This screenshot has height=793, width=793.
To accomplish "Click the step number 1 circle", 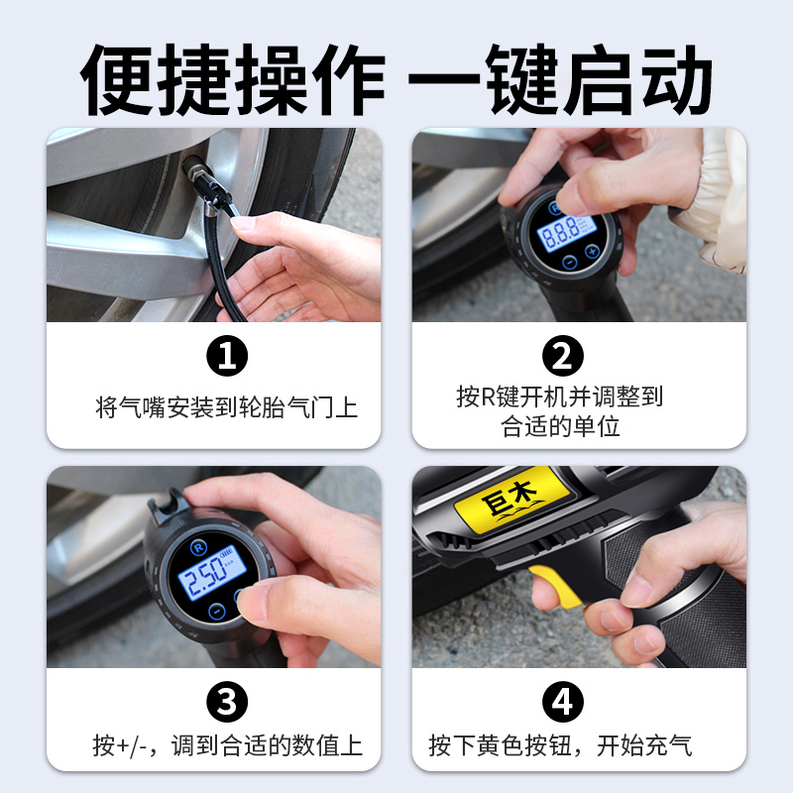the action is click(227, 356).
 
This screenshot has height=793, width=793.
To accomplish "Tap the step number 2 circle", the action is click(562, 356).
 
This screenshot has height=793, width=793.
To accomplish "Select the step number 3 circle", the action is click(227, 702).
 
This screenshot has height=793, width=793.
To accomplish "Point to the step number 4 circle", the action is click(562, 702).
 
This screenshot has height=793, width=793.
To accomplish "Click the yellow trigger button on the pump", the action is click(556, 586).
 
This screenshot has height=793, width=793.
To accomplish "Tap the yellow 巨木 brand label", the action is click(511, 499).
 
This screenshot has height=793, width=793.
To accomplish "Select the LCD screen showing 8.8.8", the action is click(567, 233).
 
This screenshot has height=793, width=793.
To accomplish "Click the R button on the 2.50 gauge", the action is click(199, 548).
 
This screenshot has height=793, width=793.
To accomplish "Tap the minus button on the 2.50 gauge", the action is click(216, 612).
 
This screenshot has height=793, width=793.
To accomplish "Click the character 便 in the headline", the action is click(116, 79).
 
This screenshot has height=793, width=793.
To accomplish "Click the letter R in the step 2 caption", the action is click(488, 396).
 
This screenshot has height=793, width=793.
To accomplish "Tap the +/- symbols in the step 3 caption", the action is click(132, 746).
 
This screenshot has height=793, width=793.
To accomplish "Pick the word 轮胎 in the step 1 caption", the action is click(262, 407).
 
